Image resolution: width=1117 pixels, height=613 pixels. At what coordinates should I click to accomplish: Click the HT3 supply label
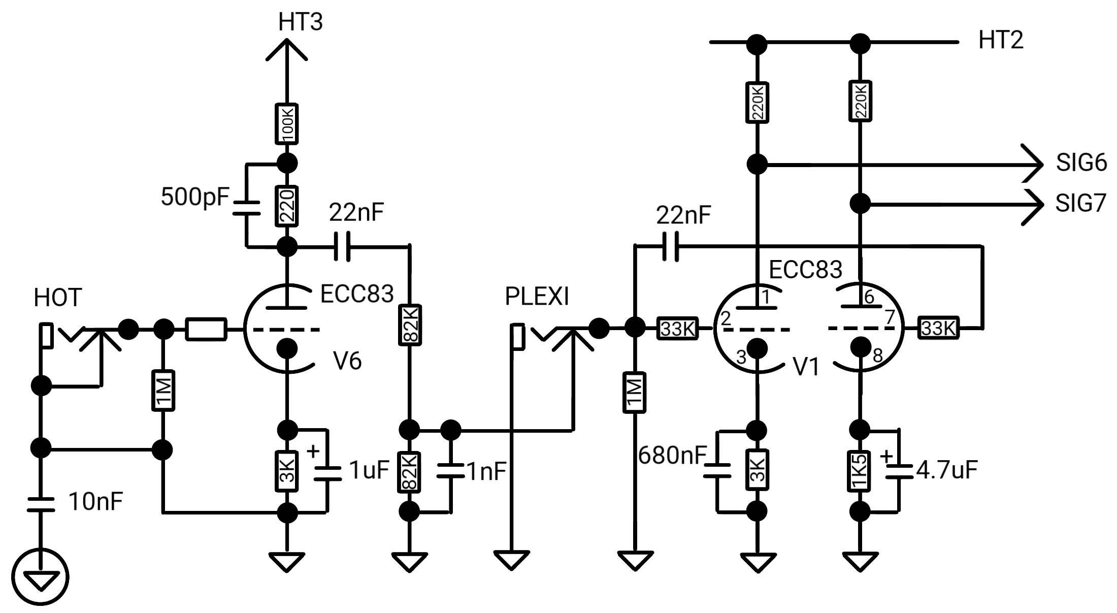click(x=300, y=22)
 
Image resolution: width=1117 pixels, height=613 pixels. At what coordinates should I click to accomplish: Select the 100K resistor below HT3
click(x=287, y=124)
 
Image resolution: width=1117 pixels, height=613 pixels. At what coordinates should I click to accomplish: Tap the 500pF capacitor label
click(x=195, y=197)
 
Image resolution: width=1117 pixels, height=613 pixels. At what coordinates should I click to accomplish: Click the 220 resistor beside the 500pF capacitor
click(x=287, y=206)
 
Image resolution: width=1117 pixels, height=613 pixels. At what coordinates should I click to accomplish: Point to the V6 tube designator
click(x=347, y=361)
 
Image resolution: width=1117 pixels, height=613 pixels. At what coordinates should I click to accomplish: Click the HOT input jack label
click(x=58, y=298)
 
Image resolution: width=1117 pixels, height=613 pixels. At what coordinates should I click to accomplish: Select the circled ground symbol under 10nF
click(x=40, y=577)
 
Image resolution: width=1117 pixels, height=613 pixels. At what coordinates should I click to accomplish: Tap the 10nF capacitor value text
click(x=95, y=502)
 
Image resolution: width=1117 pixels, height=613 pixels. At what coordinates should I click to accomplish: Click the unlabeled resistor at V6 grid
click(x=206, y=329)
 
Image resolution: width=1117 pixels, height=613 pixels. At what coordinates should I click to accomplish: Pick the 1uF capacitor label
click(x=369, y=471)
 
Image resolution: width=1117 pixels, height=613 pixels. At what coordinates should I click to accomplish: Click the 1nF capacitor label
click(x=486, y=472)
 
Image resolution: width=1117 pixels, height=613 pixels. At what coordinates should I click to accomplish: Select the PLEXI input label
click(x=537, y=297)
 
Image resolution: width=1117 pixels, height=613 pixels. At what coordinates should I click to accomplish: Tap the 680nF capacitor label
click(x=672, y=456)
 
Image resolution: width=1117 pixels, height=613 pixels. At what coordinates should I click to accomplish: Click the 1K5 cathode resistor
click(x=860, y=471)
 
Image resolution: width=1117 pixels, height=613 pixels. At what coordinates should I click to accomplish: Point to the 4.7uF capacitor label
click(x=947, y=470)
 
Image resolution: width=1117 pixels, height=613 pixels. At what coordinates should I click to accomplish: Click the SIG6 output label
click(x=1081, y=163)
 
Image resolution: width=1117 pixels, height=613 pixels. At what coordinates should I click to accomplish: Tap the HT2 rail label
click(x=1001, y=40)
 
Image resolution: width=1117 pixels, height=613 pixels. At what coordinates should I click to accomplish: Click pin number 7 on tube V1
click(x=890, y=317)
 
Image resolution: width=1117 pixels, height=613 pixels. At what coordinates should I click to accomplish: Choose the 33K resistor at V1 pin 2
click(x=678, y=329)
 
